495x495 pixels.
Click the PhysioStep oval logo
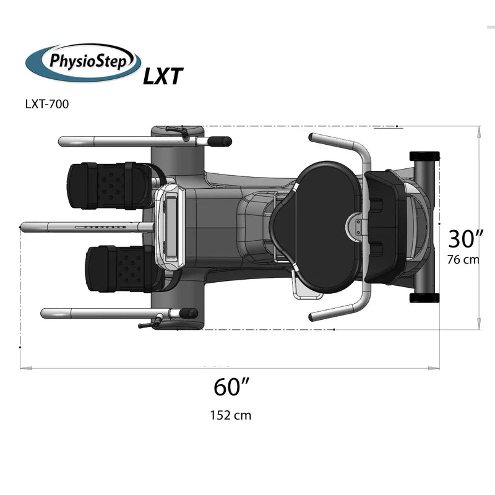[x=83, y=62]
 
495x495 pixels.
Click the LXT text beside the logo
[x=163, y=76]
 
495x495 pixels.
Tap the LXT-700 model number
[x=47, y=104]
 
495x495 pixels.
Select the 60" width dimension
[x=231, y=387]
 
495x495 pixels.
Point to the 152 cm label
[x=231, y=415]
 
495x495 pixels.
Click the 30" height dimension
[x=466, y=239]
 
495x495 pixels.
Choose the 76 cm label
[x=463, y=259]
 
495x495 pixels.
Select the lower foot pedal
[x=125, y=269]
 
